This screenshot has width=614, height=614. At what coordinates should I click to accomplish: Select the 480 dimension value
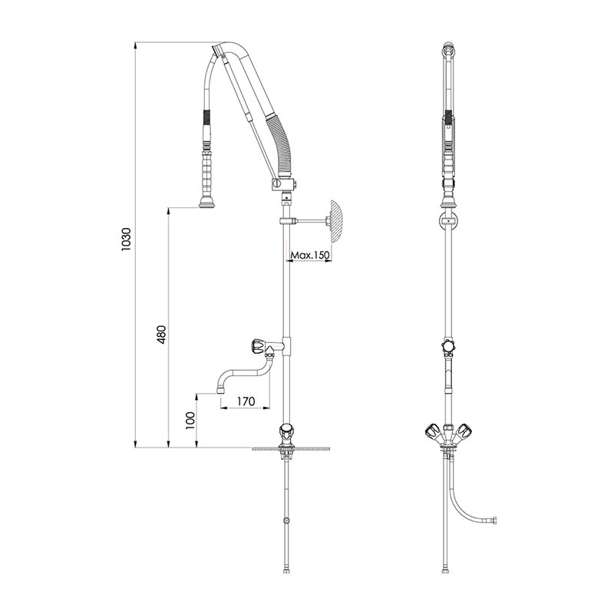[161, 335]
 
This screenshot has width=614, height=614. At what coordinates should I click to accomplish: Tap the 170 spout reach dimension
[246, 401]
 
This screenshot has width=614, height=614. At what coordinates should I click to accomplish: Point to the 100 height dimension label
[190, 420]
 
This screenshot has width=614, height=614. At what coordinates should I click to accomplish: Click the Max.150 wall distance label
[310, 256]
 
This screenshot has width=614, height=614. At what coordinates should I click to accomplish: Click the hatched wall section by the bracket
[338, 222]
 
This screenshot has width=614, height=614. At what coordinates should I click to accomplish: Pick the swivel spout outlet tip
[220, 390]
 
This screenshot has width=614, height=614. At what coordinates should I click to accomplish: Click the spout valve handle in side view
[258, 346]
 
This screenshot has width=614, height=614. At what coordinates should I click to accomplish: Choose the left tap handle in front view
[432, 432]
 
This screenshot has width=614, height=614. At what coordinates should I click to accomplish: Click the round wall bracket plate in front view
[447, 221]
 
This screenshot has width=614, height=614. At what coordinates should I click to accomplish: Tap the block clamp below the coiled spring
[282, 184]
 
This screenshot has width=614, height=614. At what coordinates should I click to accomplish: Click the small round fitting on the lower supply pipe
[287, 521]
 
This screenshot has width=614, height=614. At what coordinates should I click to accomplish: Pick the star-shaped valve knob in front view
[447, 346]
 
